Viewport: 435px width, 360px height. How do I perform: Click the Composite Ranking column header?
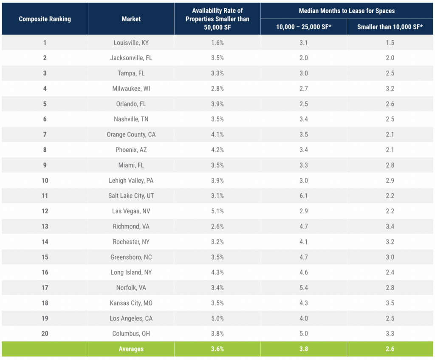(45, 19)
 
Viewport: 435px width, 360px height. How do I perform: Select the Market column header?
(131, 19)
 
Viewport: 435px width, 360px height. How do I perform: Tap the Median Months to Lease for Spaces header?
(347, 11)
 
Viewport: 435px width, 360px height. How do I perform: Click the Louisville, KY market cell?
(131, 43)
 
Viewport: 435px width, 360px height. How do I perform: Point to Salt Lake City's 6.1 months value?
(303, 196)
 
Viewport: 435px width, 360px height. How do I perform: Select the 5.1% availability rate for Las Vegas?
(217, 211)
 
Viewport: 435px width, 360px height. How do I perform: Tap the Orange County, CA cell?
(131, 135)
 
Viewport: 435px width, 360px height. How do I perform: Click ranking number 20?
(45, 334)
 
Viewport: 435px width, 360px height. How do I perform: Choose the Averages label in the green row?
(131, 349)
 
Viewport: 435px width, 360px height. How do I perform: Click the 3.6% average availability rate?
(217, 349)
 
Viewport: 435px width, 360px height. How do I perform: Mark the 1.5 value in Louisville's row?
(390, 43)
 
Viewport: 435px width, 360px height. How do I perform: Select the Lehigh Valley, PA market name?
(131, 181)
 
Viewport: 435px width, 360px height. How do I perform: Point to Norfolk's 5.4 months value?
(303, 288)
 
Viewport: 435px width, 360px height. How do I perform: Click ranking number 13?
(45, 227)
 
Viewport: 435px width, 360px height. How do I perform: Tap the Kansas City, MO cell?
(131, 303)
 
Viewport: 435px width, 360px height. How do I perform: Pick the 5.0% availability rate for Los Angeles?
(217, 318)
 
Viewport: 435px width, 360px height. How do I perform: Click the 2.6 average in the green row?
(390, 349)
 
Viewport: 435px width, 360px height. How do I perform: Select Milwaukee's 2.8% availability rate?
(217, 88)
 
